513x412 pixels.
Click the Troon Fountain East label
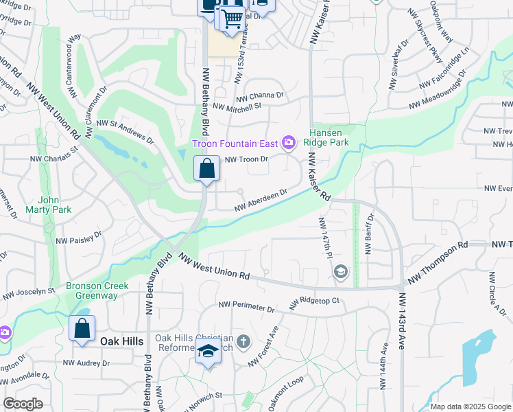point(235,144)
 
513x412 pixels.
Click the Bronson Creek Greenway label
point(92,290)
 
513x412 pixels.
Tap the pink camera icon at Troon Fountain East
point(289,143)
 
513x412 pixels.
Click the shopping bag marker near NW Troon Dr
point(206,169)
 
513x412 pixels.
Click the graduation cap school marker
point(208,352)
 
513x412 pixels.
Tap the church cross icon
point(243,341)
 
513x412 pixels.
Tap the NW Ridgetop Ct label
point(314,301)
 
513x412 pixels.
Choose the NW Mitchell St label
point(237,106)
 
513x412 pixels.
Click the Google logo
point(23,404)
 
